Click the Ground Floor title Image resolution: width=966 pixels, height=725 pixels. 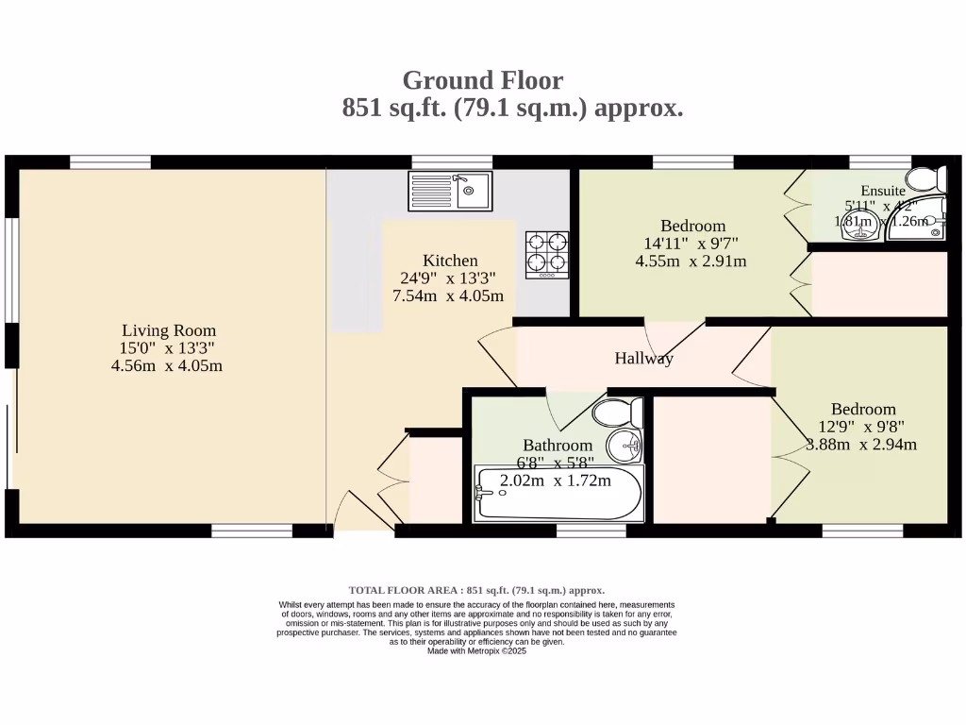coord(482,80)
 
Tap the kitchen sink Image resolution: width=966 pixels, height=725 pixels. coord(450,192)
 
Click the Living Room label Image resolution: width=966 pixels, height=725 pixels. coord(169,330)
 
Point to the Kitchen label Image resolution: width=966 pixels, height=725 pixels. coord(450,261)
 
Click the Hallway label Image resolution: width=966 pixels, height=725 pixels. coord(644,359)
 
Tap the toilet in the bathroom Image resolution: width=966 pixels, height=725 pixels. coord(618,412)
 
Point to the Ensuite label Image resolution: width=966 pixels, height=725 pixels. coord(883,191)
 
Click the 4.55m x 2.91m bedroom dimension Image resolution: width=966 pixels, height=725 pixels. coord(691,261)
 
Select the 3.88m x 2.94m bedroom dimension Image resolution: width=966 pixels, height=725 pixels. coord(862,445)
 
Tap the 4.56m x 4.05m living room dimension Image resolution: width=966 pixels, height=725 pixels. coord(167,365)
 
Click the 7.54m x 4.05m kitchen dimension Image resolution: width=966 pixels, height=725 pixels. coord(448,295)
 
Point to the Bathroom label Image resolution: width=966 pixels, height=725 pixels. coord(558,446)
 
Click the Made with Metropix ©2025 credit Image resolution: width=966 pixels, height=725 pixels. coord(476,650)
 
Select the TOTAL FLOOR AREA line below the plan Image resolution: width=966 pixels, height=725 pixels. coord(476,589)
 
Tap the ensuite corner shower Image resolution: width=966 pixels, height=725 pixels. coord(920,218)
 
